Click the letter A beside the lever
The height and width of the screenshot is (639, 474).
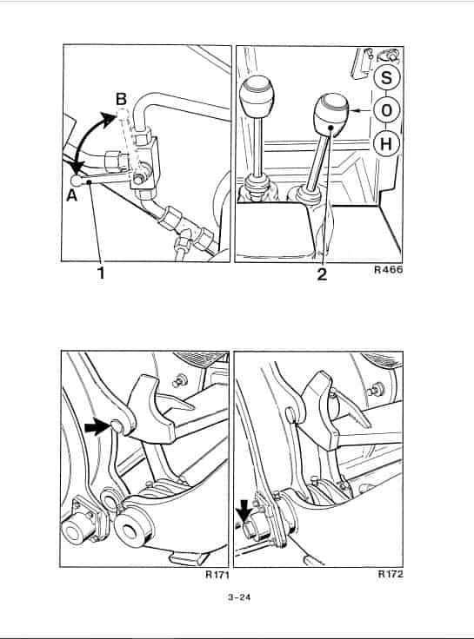coord(72,195)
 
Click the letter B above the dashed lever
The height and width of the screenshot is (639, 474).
coord(121,99)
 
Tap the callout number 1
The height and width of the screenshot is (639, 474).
coord(101,273)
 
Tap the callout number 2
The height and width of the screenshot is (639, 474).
coord(322,273)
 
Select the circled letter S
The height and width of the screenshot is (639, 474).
coord(386,76)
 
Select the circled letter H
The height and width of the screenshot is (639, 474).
coord(385,143)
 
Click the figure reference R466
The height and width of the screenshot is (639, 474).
coord(388,269)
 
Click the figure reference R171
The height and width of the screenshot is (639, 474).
coord(217,575)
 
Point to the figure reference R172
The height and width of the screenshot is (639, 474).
coord(391,574)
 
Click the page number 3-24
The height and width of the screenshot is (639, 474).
coord(239,597)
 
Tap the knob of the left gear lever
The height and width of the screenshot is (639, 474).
coord(257,96)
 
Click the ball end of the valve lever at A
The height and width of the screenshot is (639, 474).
coord(76,180)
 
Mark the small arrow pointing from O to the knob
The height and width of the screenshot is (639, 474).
coord(363,110)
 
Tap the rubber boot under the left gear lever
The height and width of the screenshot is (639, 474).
coord(257,187)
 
